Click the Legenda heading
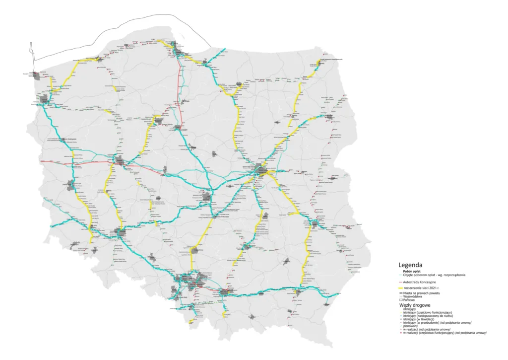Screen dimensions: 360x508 410,265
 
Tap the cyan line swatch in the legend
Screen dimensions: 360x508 401,275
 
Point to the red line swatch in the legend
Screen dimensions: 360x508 401,282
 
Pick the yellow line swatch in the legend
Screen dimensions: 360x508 401,288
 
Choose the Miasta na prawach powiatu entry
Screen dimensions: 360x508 423,294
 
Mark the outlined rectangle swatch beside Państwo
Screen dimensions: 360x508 401,300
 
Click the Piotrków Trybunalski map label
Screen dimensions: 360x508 224,216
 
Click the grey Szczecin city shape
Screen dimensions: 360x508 44,101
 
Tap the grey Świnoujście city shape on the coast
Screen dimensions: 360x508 35,75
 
